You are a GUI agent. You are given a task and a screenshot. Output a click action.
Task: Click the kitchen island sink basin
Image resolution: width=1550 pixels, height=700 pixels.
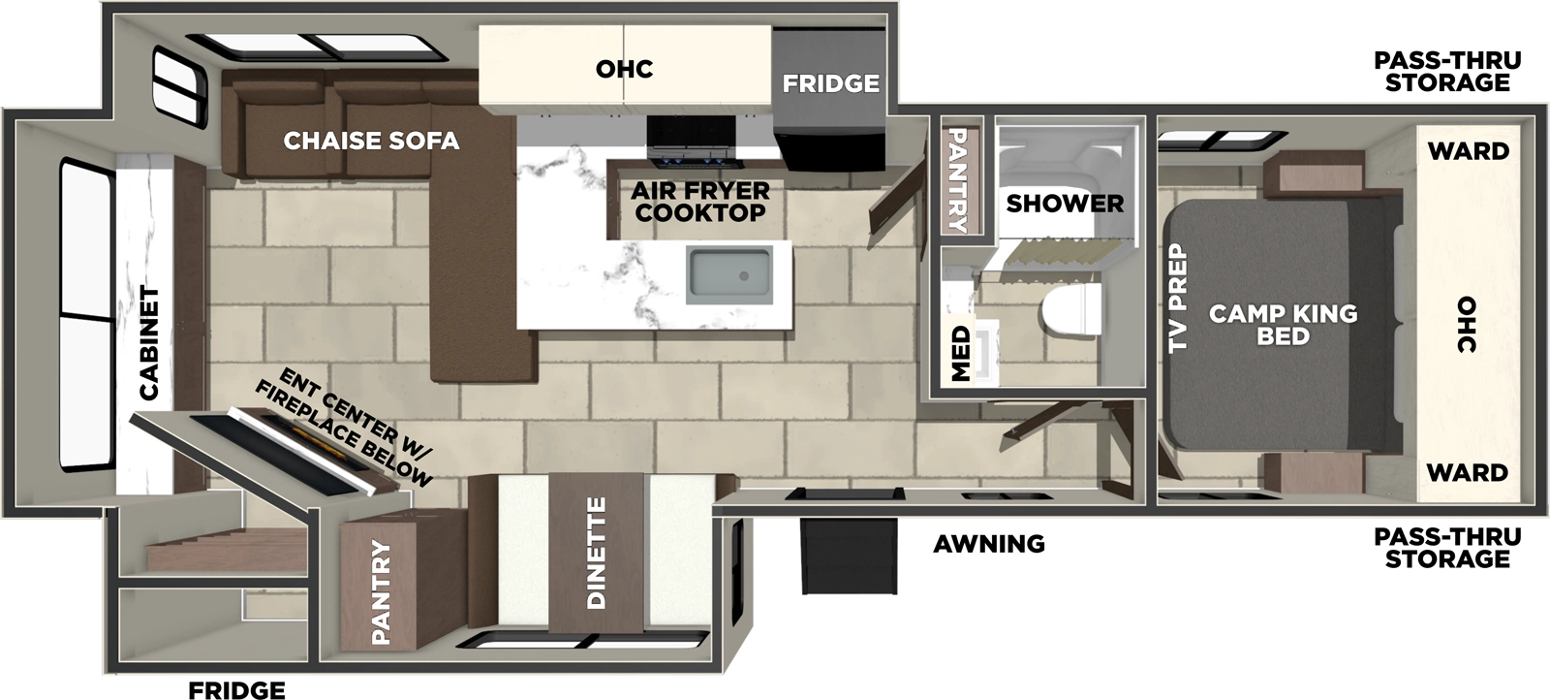tap(728, 273)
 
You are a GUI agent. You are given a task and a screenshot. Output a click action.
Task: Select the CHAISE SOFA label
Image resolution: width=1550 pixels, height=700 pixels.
tap(371, 141)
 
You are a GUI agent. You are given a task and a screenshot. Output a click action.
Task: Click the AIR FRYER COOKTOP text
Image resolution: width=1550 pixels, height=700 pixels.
tap(700, 202)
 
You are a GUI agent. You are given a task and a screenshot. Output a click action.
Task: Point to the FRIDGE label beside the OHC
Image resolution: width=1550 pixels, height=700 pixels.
tap(830, 83)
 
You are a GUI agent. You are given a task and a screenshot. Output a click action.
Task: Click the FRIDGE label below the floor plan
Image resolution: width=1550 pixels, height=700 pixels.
tap(236, 689)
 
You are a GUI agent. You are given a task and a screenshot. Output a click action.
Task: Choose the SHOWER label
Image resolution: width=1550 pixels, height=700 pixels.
tap(1064, 204)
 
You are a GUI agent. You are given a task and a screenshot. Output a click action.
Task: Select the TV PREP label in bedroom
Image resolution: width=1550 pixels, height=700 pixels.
tap(1177, 298)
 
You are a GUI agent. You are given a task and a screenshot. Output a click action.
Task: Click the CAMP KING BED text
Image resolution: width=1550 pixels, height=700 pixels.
tap(1283, 324)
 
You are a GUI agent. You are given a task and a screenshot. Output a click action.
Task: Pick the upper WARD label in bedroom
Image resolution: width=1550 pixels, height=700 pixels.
tap(1468, 150)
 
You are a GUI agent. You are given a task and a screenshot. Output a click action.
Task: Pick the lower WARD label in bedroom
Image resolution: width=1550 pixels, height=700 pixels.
tap(1468, 472)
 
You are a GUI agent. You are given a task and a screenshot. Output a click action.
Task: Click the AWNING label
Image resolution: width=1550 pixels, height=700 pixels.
tap(988, 544)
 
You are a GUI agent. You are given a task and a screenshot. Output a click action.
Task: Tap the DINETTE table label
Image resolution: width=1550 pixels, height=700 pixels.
tap(596, 554)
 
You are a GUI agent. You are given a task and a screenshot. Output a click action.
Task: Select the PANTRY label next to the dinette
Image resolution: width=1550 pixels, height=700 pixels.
tap(381, 593)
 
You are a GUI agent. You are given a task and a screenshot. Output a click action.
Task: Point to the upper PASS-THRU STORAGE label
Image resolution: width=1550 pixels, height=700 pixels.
tap(1446, 72)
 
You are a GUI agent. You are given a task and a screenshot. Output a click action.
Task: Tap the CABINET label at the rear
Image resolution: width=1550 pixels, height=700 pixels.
tap(148, 342)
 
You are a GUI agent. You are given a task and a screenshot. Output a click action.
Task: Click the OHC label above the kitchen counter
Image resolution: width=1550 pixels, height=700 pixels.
tap(624, 69)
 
